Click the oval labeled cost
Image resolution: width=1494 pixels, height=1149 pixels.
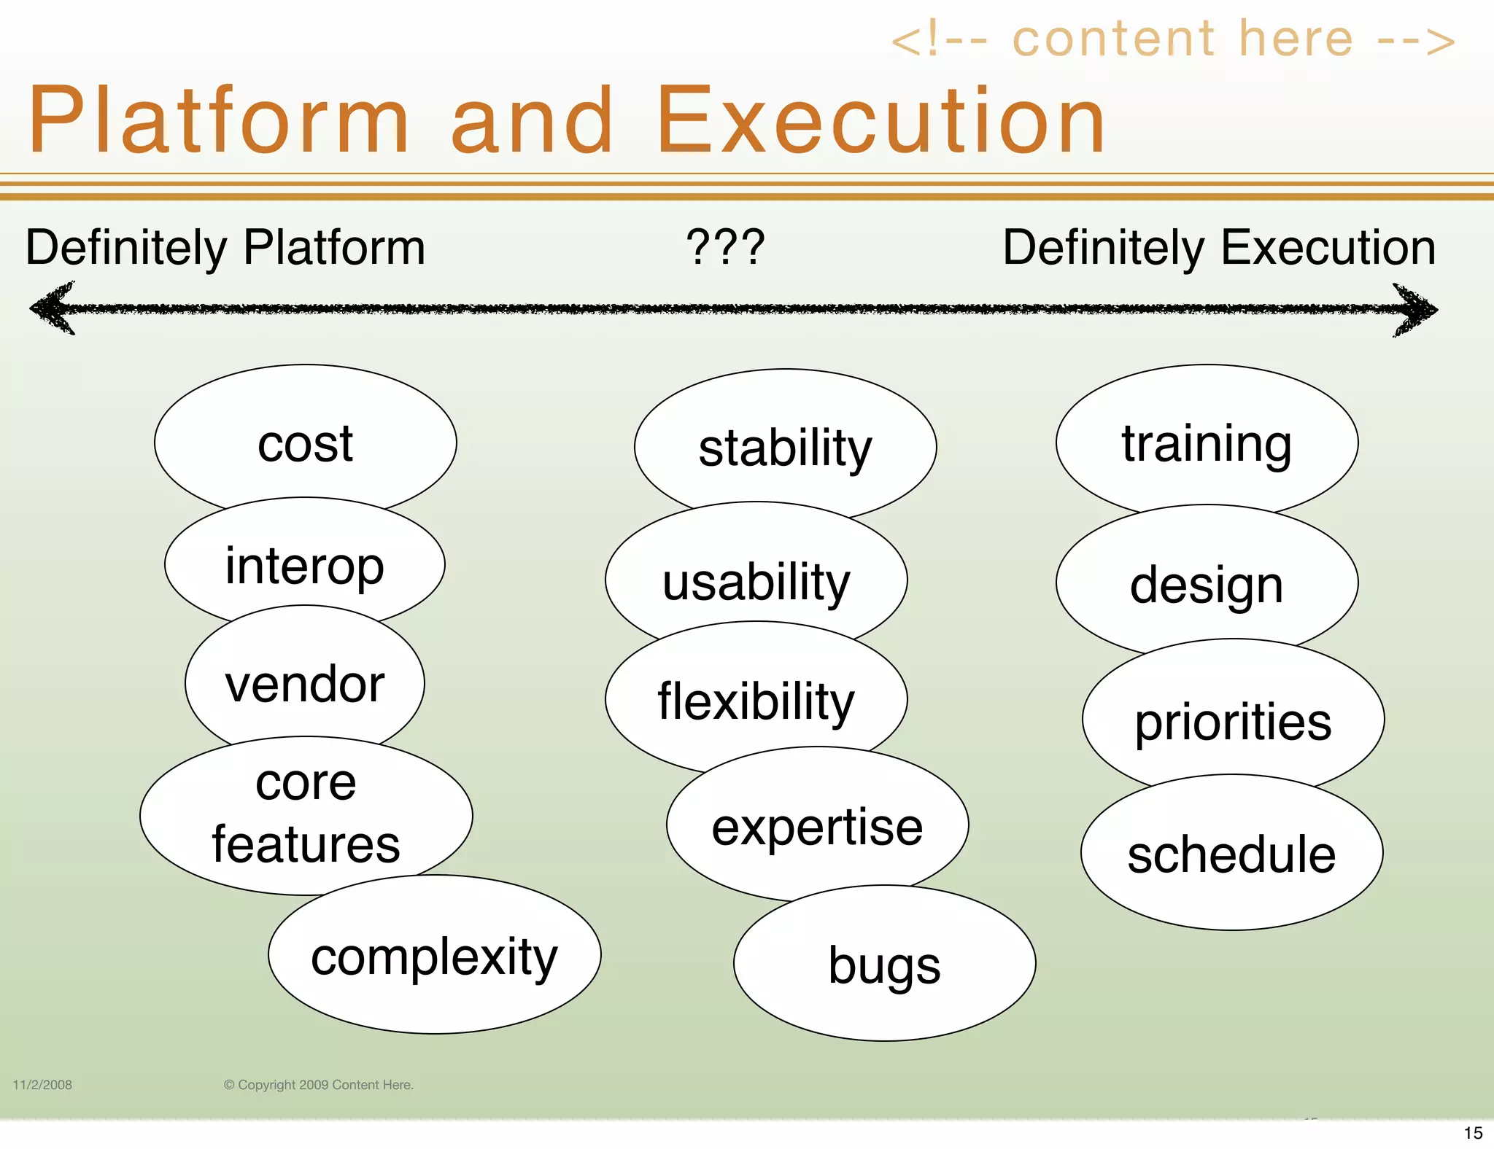click(x=305, y=443)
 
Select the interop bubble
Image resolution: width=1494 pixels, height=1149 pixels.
click(x=304, y=565)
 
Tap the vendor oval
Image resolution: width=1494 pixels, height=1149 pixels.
click(x=305, y=684)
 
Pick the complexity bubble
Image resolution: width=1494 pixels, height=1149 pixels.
click(x=434, y=957)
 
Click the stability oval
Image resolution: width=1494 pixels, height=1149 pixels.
click(x=785, y=448)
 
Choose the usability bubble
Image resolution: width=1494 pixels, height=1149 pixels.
click(x=756, y=582)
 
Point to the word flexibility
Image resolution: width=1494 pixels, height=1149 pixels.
click(x=756, y=701)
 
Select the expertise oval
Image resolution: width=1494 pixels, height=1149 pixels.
click(x=817, y=827)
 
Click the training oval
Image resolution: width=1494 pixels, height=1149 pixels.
click(x=1207, y=443)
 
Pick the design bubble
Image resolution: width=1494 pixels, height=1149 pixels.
click(x=1207, y=585)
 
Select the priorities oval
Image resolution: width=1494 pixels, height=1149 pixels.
click(x=1233, y=721)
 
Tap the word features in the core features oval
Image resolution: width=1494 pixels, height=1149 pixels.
click(x=306, y=844)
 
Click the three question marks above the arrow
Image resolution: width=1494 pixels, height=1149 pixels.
click(x=725, y=247)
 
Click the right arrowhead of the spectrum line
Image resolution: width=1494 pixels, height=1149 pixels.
click(x=1415, y=311)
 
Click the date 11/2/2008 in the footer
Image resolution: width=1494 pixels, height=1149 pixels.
click(x=42, y=1085)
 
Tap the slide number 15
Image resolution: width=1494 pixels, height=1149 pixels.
click(x=1473, y=1133)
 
